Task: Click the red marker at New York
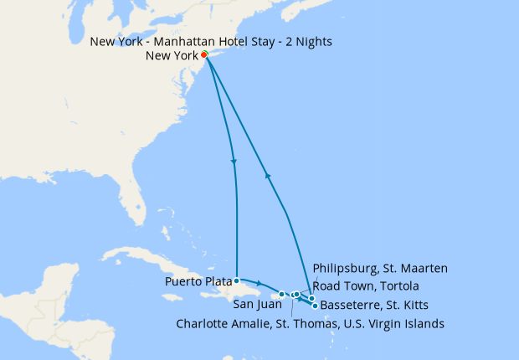click(204, 55)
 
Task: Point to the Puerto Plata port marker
click(237, 280)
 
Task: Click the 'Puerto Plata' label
click(200, 282)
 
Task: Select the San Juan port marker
click(282, 294)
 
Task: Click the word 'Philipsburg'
click(345, 269)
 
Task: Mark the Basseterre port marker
click(315, 306)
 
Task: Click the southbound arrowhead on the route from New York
click(233, 162)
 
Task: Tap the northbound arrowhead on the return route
click(267, 174)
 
